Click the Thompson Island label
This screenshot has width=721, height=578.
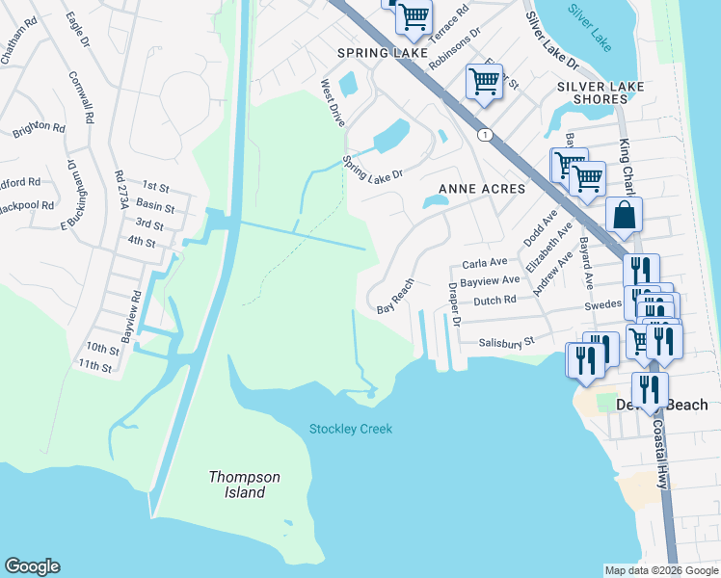coord(245,485)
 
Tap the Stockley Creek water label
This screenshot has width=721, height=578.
coord(351,429)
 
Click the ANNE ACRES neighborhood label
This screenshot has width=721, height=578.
coord(482,189)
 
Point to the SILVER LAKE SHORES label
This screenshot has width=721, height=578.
coord(600,93)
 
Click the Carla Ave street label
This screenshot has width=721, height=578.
coord(484,263)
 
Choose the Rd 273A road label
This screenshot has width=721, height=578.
coord(120,190)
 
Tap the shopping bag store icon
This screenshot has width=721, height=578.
coord(624,217)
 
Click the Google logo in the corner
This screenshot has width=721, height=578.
coord(32,566)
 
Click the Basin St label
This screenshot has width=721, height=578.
coord(155,207)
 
